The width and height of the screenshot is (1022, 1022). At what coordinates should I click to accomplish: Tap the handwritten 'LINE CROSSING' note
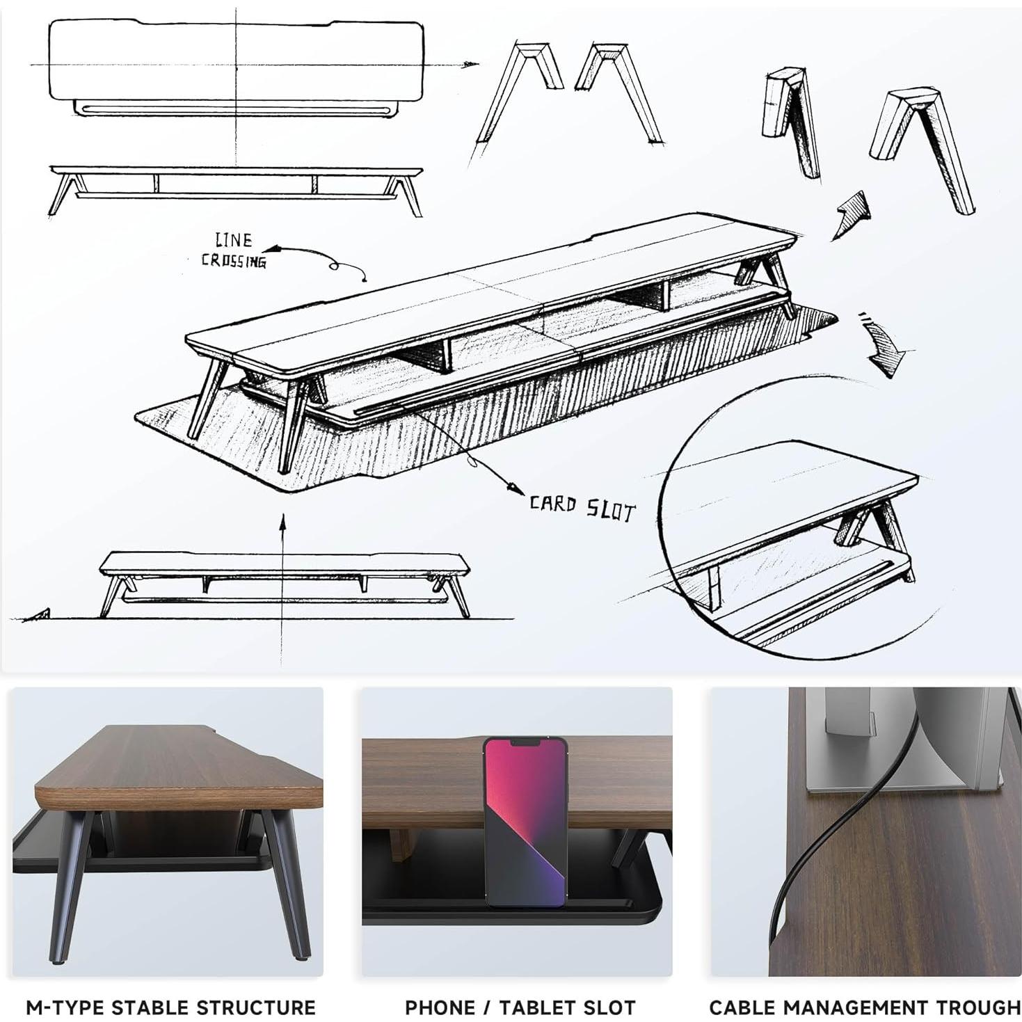click(233, 251)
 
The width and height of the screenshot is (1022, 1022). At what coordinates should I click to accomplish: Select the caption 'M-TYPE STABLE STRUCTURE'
click(170, 1007)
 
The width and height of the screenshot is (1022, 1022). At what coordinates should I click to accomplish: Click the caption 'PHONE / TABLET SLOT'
click(520, 1007)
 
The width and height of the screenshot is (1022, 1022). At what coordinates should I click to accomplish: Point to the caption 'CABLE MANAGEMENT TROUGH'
click(864, 1007)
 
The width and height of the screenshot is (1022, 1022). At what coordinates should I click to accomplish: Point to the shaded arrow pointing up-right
click(852, 214)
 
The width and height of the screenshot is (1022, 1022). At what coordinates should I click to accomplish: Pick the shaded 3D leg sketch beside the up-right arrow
click(922, 150)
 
